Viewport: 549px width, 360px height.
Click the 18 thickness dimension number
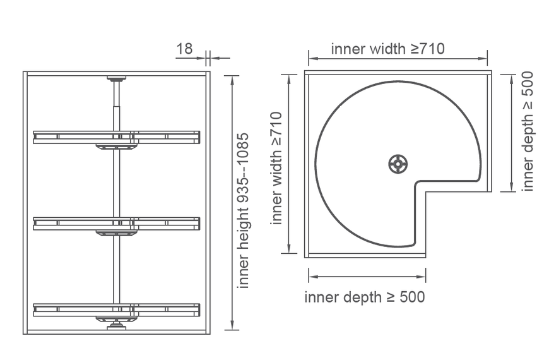[184, 49]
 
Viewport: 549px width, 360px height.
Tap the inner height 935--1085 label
[243, 210]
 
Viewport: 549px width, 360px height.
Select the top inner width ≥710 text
[387, 49]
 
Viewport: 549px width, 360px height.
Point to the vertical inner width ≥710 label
[276, 168]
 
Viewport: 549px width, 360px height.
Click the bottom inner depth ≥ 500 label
[365, 297]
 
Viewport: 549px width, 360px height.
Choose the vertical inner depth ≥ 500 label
[528, 131]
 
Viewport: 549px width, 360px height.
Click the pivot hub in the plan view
[398, 164]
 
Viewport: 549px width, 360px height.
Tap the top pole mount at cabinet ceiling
[116, 78]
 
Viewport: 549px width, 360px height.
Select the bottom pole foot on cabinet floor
[116, 326]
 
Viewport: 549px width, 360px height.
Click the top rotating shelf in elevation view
[117, 137]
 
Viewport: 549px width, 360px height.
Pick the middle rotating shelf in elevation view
[117, 224]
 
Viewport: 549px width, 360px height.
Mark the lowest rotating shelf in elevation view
[117, 310]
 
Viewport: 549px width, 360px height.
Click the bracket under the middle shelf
[116, 233]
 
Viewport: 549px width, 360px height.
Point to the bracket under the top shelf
[116, 147]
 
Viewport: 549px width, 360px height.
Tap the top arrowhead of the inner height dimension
[232, 80]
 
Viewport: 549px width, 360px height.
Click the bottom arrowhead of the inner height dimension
[232, 325]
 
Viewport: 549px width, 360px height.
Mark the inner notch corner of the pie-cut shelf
[416, 183]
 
